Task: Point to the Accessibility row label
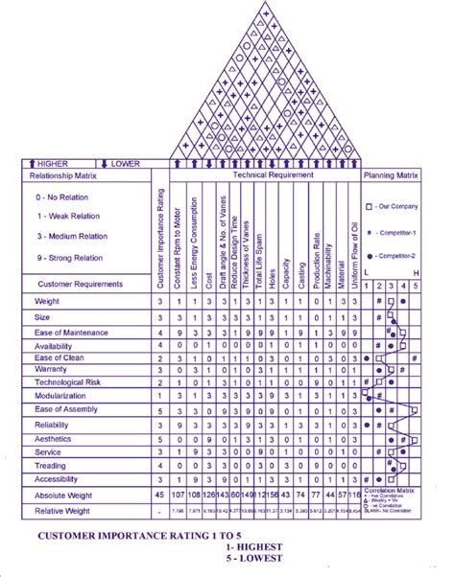pos(55,477)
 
